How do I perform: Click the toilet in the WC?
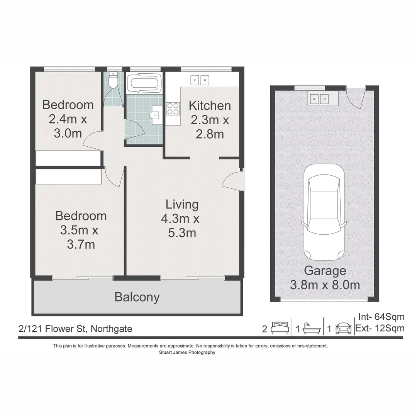tap(114, 81)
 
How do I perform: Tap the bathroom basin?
tap(155, 115)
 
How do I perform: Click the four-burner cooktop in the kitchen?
tap(173, 108)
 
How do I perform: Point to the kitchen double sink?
tap(200, 80)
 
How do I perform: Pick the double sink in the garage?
tap(319, 99)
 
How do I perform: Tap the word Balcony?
tap(137, 297)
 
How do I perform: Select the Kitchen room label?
tap(210, 105)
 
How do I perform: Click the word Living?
tap(182, 205)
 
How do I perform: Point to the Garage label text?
tap(325, 271)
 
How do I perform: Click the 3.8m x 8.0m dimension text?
tap(325, 285)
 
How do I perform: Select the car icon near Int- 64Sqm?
tap(343, 328)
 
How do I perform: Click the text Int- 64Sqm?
tap(381, 317)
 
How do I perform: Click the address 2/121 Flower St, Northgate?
tap(75, 329)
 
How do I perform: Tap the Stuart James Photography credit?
tap(187, 352)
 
